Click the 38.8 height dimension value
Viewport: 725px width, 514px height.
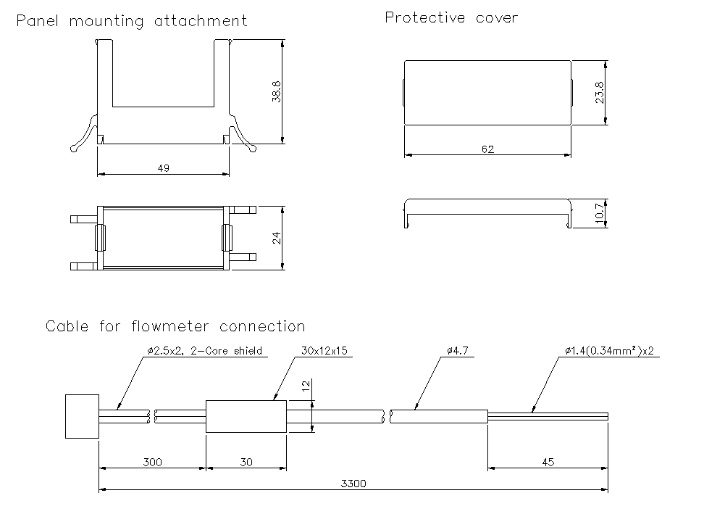coord(276,91)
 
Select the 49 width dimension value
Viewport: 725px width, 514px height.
coord(163,168)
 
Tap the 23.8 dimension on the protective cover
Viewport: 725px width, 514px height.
coord(600,92)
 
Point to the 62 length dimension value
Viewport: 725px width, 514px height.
coord(487,149)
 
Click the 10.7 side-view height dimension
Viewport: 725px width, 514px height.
coord(600,214)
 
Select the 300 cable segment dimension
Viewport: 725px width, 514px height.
coord(153,462)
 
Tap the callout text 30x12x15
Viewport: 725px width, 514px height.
coord(324,351)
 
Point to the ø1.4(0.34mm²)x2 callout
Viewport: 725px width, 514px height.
coord(611,351)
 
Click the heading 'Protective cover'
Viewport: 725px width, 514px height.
coord(451,17)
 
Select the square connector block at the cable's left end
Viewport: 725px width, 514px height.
coord(81,416)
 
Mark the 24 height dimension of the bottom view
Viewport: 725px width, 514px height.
coord(276,238)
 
